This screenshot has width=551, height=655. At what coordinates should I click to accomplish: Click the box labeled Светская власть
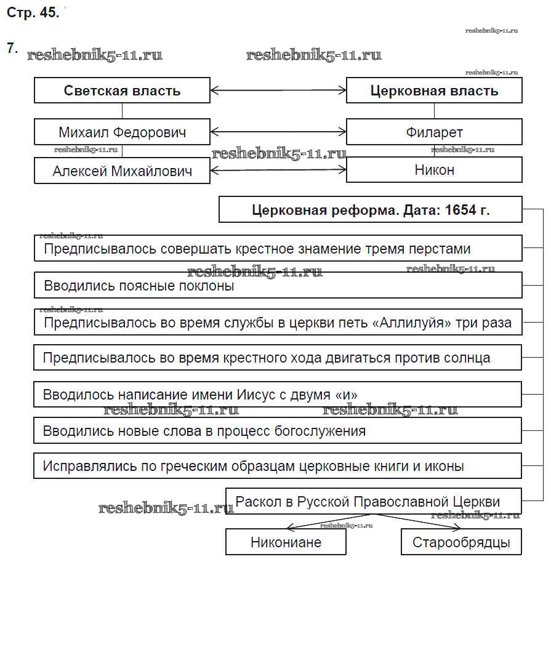pos(122,90)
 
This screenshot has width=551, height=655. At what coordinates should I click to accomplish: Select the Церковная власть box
pos(434,90)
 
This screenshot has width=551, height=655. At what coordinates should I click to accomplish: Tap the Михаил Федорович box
pos(122,132)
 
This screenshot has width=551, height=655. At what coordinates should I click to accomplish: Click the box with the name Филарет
pos(434,132)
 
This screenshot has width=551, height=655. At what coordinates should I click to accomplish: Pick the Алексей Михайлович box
pos(122,171)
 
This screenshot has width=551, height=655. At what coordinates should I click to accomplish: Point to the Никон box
pos(434,170)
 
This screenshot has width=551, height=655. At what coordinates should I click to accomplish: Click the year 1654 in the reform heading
pos(461,209)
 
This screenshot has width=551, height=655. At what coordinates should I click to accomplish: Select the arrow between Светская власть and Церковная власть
pos(278,90)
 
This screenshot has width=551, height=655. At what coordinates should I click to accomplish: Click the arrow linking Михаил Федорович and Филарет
pos(278,132)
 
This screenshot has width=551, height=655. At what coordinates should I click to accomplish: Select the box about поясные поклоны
pos(278,286)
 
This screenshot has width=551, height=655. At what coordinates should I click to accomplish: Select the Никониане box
pos(286,542)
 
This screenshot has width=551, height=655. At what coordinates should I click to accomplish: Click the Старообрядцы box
pos(461,542)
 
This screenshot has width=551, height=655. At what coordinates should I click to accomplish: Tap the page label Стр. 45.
pos(33,14)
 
